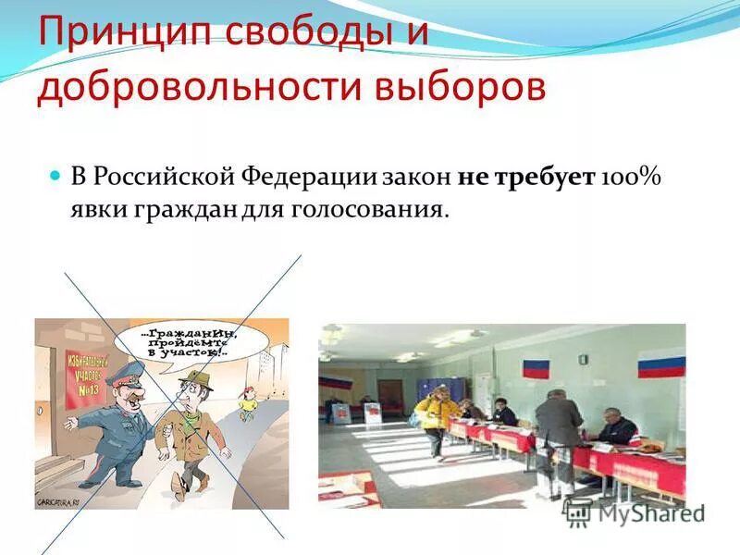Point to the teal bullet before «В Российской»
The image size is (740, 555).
pyautogui.click(x=54, y=174)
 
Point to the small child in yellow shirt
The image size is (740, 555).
pyautogui.click(x=248, y=404)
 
